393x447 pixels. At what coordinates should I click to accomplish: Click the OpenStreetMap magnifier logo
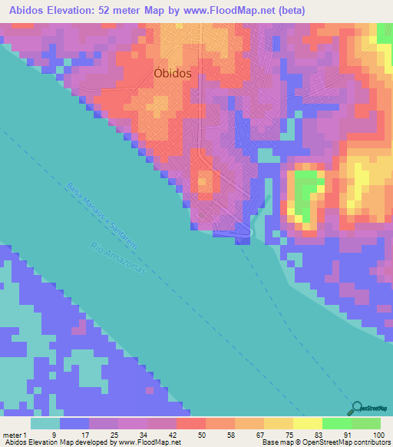pyautogui.click(x=357, y=409)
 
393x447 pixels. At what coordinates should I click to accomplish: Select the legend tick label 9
pyautogui.click(x=53, y=435)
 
